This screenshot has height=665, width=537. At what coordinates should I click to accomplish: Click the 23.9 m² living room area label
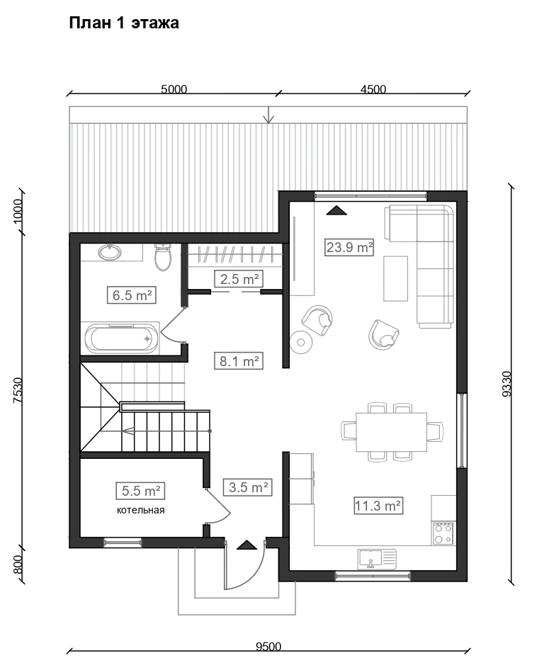(349, 247)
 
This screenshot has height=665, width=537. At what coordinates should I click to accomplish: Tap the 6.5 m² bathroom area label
(132, 295)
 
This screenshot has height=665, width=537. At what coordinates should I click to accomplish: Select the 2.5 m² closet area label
(239, 279)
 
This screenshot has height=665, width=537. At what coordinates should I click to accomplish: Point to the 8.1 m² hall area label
(239, 361)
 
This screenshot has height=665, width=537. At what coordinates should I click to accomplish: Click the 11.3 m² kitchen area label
(378, 506)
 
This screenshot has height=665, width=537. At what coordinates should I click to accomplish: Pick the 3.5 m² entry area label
(248, 487)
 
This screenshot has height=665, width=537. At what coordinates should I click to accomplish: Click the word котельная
(140, 510)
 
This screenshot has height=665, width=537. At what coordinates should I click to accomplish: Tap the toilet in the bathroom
(162, 257)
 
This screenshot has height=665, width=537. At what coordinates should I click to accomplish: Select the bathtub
(122, 339)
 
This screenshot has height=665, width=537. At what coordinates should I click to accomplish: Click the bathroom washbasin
(110, 253)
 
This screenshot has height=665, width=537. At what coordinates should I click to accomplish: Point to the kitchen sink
(377, 559)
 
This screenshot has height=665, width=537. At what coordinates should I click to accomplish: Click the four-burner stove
(443, 533)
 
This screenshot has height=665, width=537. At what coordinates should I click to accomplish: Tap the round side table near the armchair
(301, 342)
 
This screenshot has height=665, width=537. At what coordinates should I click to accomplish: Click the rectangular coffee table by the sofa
(396, 278)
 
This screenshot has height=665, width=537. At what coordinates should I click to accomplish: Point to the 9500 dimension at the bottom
(268, 647)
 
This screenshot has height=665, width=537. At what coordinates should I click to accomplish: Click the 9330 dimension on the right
(507, 384)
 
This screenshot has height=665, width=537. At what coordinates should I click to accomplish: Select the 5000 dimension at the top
(174, 89)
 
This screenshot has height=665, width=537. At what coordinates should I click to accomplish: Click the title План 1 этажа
(124, 23)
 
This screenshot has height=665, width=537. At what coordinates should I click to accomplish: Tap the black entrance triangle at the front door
(247, 545)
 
